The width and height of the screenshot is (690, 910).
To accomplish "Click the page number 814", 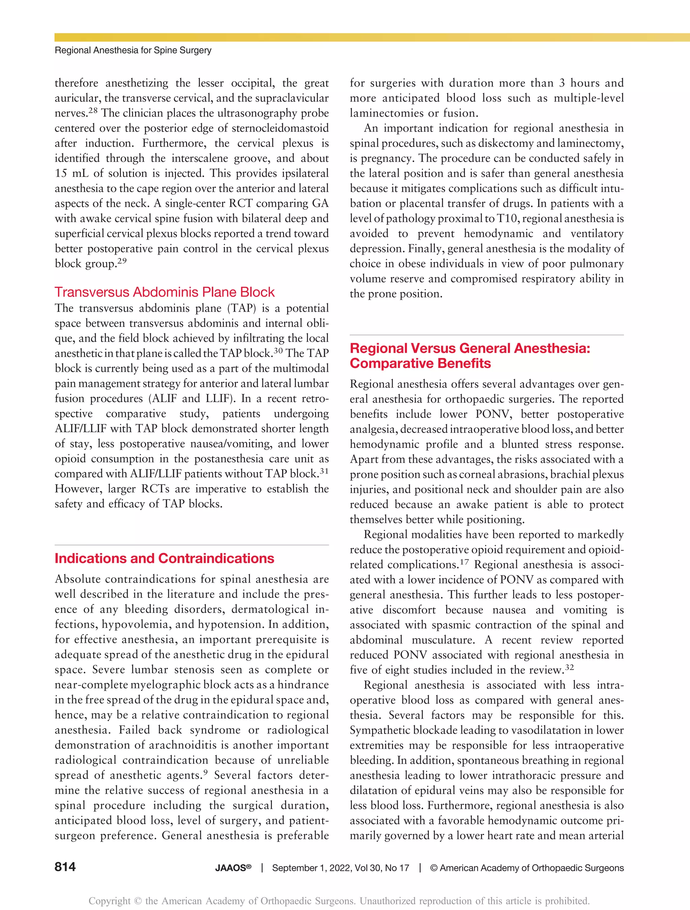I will (65, 867).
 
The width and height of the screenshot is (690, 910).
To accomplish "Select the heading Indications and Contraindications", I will (164, 558).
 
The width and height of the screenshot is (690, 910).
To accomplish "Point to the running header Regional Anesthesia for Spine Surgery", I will (133, 50).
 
